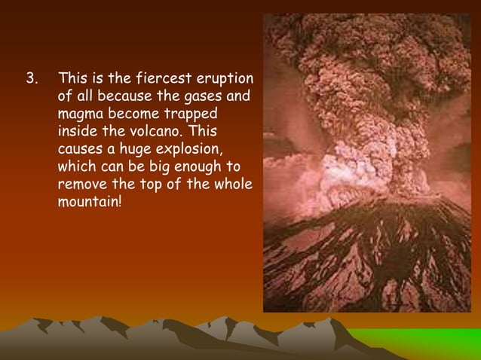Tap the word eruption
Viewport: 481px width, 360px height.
tap(225, 78)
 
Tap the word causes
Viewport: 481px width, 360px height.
tap(79, 149)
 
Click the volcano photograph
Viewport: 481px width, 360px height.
tap(366, 163)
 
